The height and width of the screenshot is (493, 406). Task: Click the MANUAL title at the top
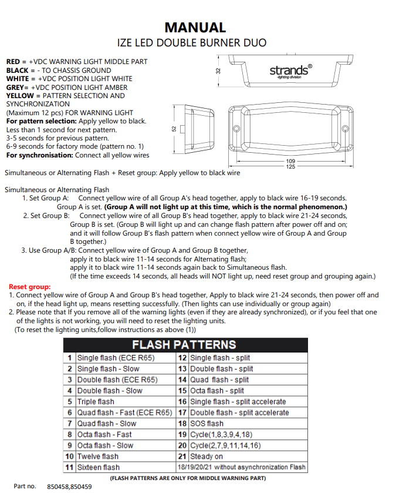click(x=195, y=27)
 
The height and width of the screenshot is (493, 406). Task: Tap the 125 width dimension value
click(x=290, y=167)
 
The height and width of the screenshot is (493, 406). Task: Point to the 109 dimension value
click(x=290, y=160)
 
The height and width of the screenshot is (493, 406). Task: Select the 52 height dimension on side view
click(x=174, y=128)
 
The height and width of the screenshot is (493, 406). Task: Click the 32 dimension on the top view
click(x=218, y=71)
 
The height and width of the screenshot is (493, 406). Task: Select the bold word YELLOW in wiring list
click(x=20, y=95)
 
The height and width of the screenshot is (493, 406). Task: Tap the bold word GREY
click(x=16, y=87)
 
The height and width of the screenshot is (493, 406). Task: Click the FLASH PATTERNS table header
click(x=184, y=344)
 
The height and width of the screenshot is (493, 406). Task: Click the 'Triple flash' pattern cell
click(x=96, y=402)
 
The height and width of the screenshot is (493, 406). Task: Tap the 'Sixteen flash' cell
click(x=99, y=468)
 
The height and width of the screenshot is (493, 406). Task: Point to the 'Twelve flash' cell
click(x=98, y=457)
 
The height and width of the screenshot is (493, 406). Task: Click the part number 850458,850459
click(x=69, y=487)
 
